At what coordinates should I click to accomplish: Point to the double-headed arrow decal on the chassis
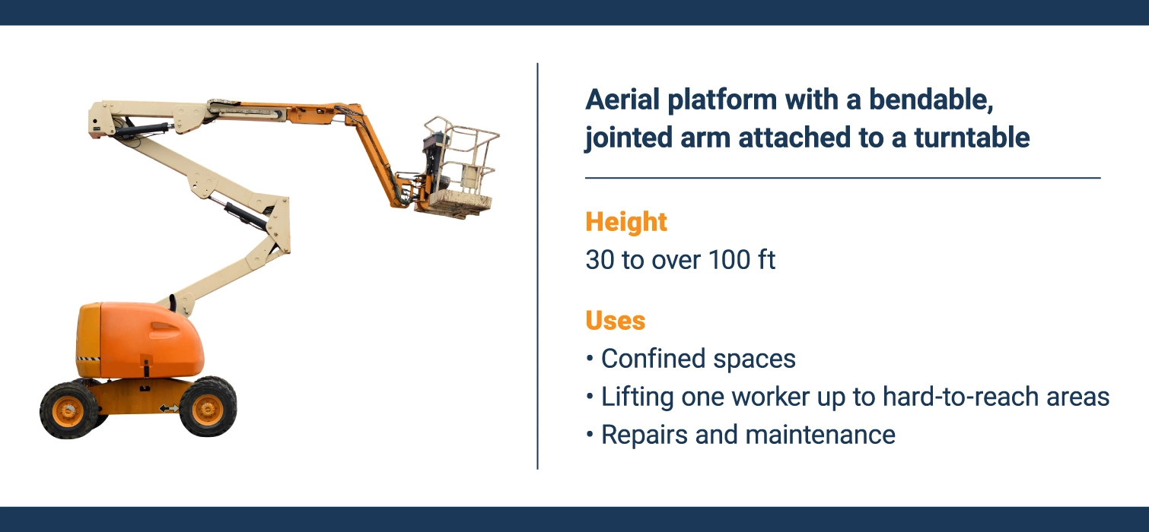(169, 408)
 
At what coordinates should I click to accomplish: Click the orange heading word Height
(625, 222)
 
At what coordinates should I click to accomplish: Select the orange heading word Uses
(615, 320)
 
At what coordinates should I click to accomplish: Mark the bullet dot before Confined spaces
(590, 359)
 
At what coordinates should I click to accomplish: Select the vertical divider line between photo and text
(537, 266)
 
